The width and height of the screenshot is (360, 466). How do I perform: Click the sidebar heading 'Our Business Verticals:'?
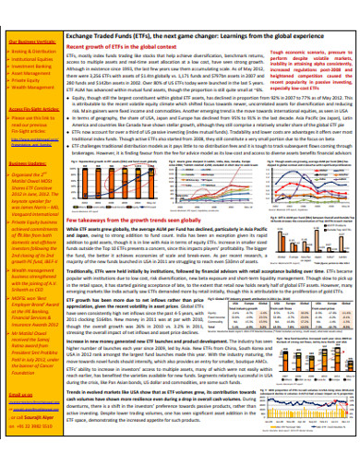tap(30, 42)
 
